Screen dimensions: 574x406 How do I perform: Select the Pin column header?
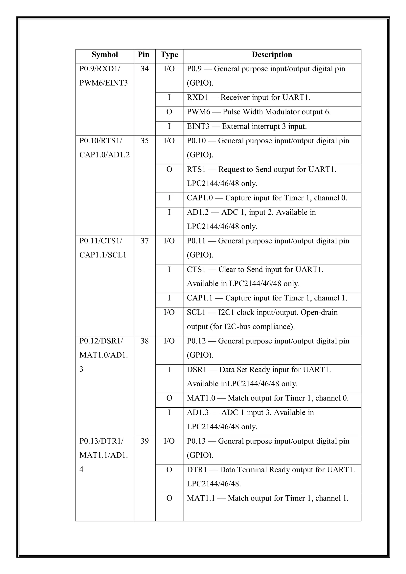point(143,55)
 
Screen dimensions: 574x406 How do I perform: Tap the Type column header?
point(169,55)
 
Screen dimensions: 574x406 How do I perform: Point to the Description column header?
point(272,55)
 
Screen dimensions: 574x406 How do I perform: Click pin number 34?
point(145,69)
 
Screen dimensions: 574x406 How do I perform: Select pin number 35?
point(145,141)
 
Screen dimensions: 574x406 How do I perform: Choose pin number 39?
point(145,441)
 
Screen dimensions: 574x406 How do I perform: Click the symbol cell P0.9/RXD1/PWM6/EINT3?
point(103,76)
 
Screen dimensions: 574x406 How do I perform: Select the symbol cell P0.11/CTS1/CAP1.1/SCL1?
point(103,248)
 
